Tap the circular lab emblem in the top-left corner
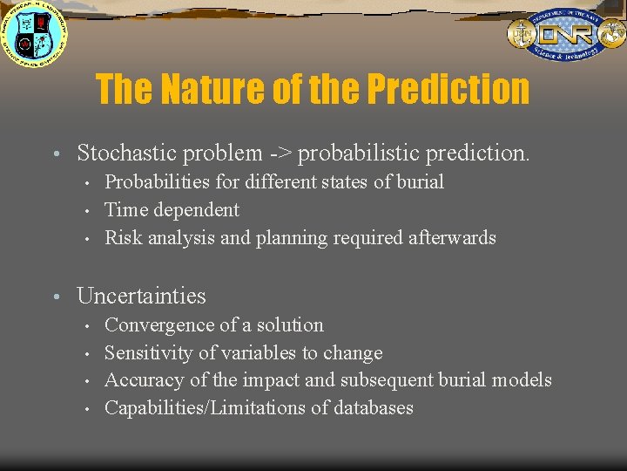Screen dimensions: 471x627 [33, 35]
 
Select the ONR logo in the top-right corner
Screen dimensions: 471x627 [565, 35]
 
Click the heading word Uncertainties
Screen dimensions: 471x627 [141, 297]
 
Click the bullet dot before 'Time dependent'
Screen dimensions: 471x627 [88, 210]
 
